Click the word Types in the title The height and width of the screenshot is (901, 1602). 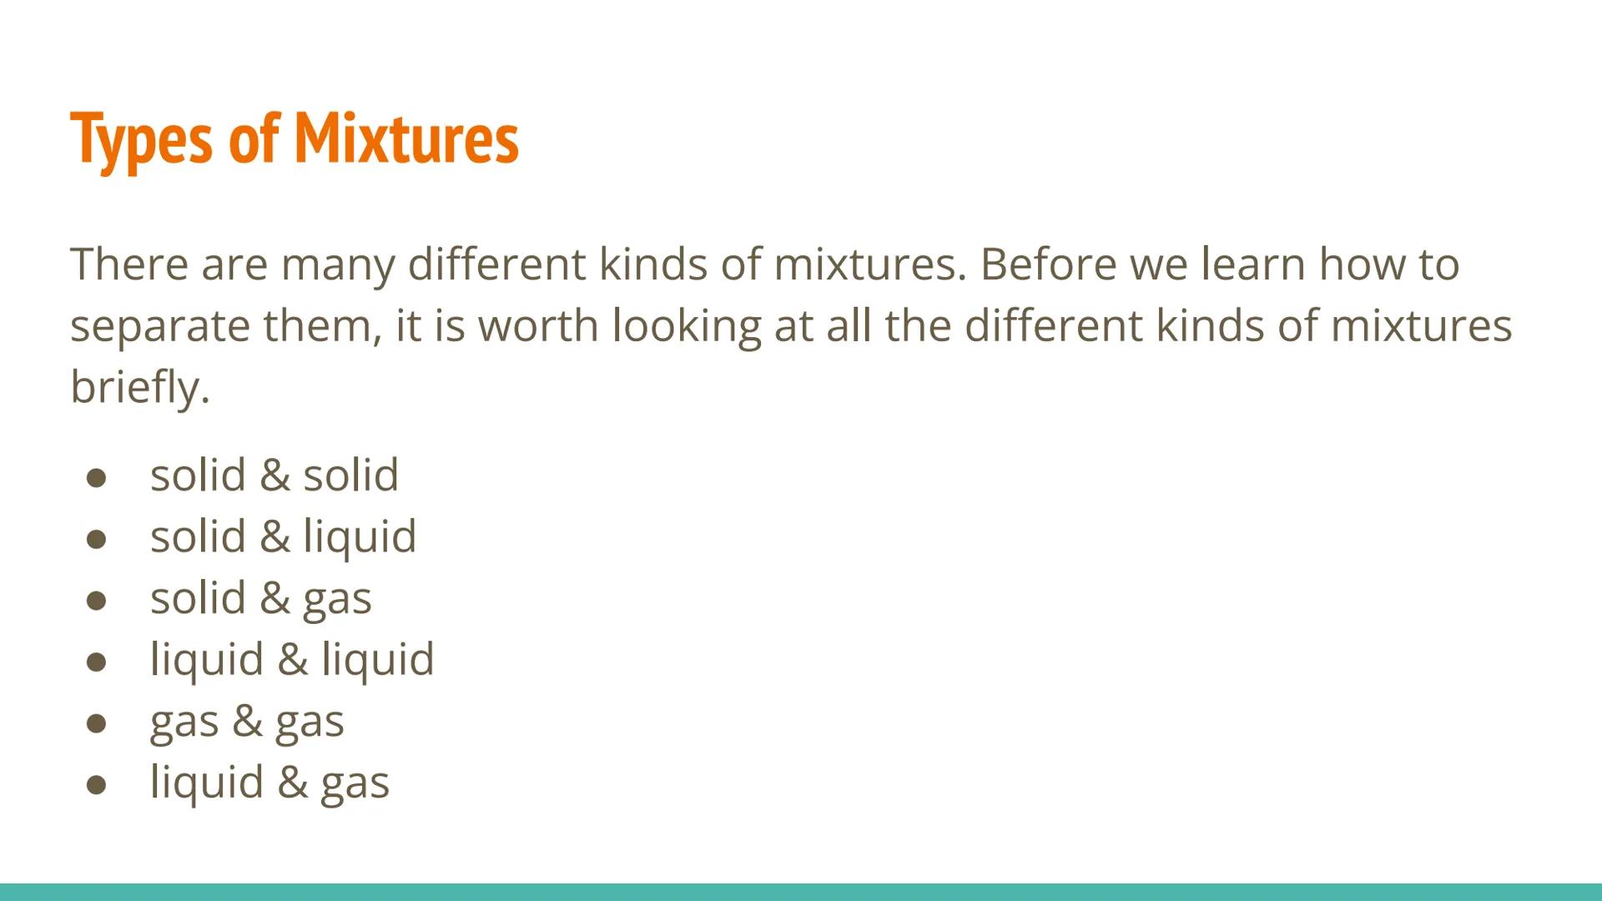[x=141, y=139]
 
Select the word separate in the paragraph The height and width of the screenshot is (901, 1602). [x=159, y=326]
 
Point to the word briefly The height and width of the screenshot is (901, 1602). [x=139, y=387]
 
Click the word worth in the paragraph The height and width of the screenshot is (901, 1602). [x=538, y=325]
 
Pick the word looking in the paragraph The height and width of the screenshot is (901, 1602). [x=687, y=326]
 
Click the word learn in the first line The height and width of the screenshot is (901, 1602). [x=1252, y=264]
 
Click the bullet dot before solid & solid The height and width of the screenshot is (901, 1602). [x=96, y=477]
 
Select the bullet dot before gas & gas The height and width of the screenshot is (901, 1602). [x=96, y=722]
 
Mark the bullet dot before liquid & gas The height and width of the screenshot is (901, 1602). [x=96, y=784]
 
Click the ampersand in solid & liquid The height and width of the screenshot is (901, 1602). [x=275, y=536]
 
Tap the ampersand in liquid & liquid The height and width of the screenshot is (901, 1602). [x=293, y=660]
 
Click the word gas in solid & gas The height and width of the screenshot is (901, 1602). [x=337, y=599]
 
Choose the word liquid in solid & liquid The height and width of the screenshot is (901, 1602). [x=360, y=536]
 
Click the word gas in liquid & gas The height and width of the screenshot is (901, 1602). [x=355, y=783]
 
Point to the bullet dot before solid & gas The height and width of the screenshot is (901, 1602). [x=96, y=600]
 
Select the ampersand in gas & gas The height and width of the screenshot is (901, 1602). [x=247, y=722]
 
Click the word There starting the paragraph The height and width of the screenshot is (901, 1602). [x=128, y=264]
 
